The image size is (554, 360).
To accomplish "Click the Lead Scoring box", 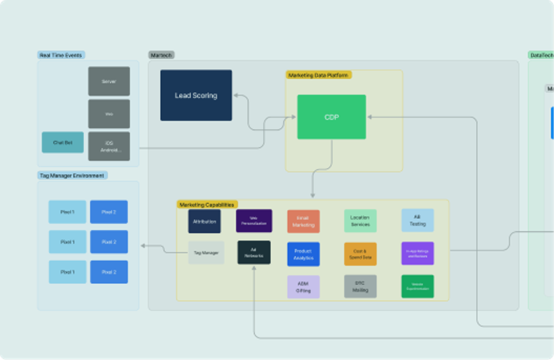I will (x=196, y=96).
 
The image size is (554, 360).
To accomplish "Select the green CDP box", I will (x=331, y=117).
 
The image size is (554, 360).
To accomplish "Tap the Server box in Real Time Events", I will (x=109, y=81).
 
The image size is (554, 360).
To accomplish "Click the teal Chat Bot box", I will (x=63, y=143).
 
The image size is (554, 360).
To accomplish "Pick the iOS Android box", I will (x=109, y=146).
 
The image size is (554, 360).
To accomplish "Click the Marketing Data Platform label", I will (x=319, y=75).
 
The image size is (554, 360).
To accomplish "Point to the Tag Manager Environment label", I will (x=72, y=175).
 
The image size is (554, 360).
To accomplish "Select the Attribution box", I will (x=204, y=222).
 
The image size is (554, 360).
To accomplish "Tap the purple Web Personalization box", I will (x=254, y=221).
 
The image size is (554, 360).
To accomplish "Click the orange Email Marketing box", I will (x=303, y=222).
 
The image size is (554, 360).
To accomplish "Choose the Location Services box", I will (x=360, y=221).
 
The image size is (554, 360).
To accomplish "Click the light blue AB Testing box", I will (x=417, y=221).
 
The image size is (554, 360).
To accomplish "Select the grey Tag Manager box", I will (x=206, y=253).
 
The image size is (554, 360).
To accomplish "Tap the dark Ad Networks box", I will (x=254, y=252).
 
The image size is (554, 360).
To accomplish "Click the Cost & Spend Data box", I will (x=360, y=254).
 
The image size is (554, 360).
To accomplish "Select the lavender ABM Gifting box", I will (x=303, y=287).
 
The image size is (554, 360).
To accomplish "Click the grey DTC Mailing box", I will (x=360, y=287).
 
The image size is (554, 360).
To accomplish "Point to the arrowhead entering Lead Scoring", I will (x=235, y=96).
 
